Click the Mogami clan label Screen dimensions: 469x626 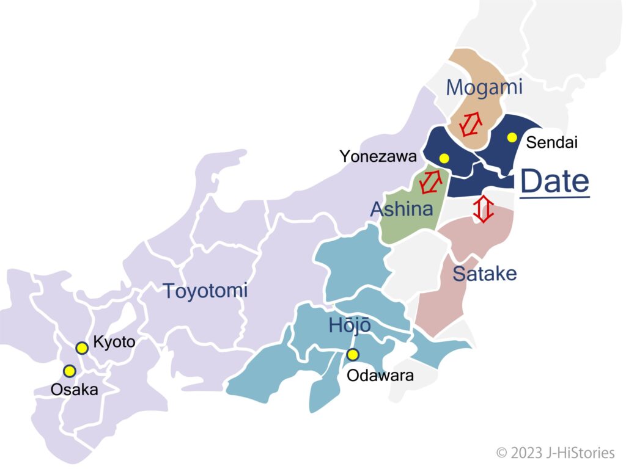coord(484,88)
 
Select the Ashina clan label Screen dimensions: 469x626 coord(402,209)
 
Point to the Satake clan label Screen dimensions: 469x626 coord(485,274)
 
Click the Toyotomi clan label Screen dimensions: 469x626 coord(205,291)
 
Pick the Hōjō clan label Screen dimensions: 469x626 coord(350,325)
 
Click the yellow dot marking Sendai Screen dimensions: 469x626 coord(512,137)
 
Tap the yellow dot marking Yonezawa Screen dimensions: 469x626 coord(444,158)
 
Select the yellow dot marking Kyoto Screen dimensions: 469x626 coord(82,348)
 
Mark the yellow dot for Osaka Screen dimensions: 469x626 coord(70,371)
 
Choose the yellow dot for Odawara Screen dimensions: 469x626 coord(353,354)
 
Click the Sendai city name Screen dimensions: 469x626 coord(552,142)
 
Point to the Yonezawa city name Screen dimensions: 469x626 coord(378,157)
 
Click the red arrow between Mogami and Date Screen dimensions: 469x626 coord(471,125)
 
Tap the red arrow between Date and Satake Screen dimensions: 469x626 coord(484,209)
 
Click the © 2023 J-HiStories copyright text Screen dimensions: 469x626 coord(555,453)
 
